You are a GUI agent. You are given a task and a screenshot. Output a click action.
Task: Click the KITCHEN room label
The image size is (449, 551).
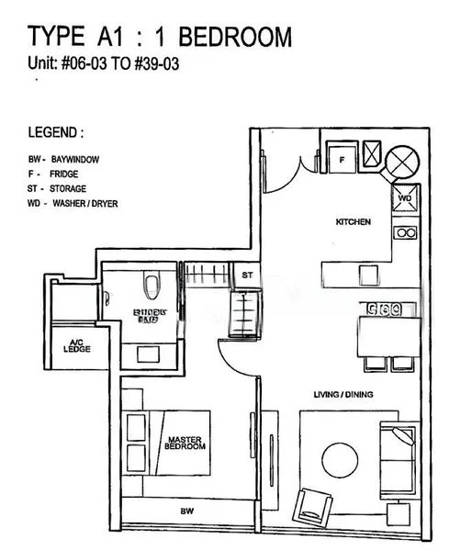point(353,222)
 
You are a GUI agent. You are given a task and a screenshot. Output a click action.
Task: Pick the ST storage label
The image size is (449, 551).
point(246,275)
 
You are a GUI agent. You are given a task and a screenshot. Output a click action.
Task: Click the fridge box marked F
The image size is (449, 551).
point(341,159)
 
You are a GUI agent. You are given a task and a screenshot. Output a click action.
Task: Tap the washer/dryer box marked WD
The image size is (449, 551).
point(406,197)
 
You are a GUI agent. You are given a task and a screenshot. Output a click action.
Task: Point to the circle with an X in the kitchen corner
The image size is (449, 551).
point(401,163)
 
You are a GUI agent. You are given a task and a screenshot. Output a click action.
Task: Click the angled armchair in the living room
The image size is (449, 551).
point(310,504)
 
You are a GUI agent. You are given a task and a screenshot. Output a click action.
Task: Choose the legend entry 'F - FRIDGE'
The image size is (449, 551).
point(57,172)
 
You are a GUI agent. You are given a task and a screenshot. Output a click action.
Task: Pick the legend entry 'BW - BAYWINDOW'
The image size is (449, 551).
point(63,159)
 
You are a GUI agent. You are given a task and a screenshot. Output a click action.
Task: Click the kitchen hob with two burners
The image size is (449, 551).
point(405,232)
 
